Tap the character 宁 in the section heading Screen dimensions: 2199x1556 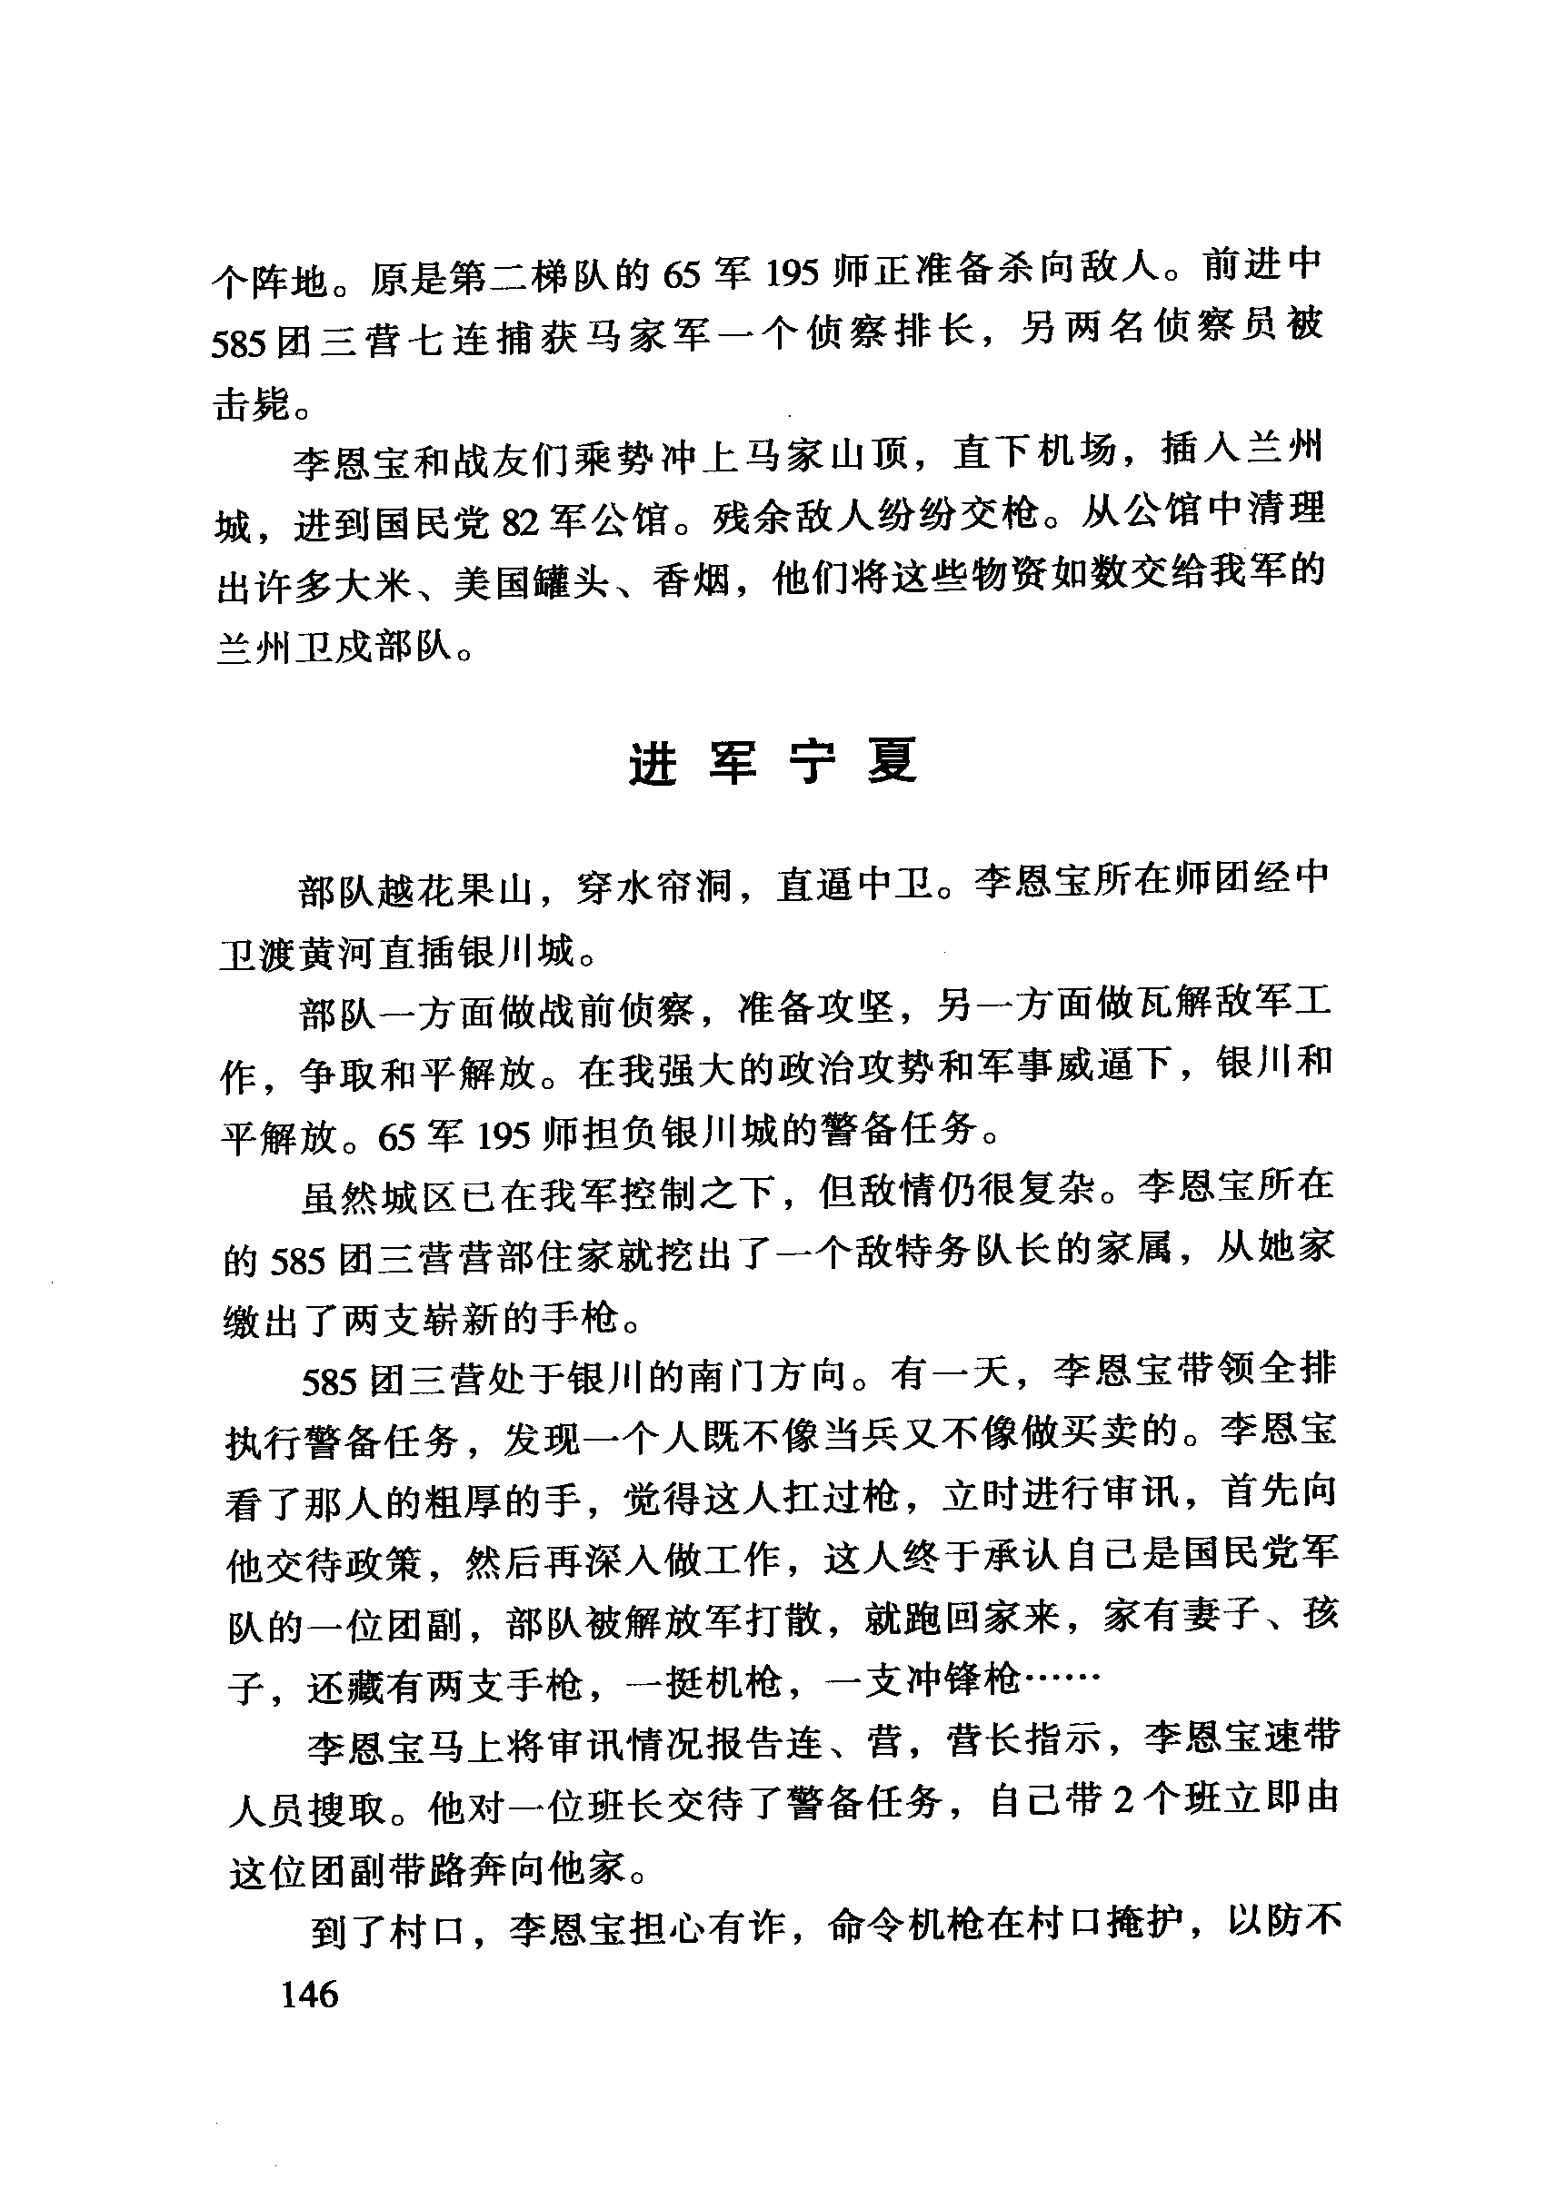(x=811, y=762)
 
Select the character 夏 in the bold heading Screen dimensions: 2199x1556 (x=892, y=762)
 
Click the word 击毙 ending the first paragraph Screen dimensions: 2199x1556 (x=251, y=406)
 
